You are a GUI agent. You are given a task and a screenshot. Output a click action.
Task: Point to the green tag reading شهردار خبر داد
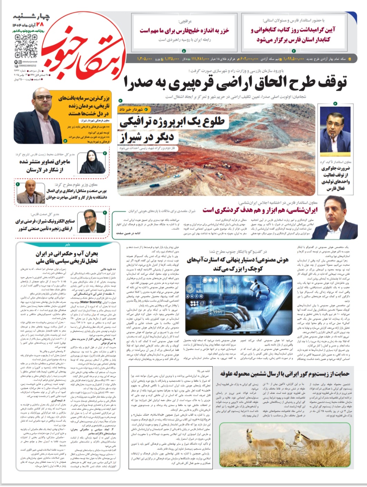(133, 110)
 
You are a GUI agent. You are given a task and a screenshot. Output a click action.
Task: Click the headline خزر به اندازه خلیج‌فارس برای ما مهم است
(184, 31)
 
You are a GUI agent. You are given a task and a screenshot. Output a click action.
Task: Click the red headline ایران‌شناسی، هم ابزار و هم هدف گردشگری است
(260, 210)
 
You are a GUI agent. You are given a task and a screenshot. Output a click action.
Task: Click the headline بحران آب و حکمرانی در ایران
(67, 254)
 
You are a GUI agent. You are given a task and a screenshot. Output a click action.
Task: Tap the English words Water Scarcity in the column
(91, 302)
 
